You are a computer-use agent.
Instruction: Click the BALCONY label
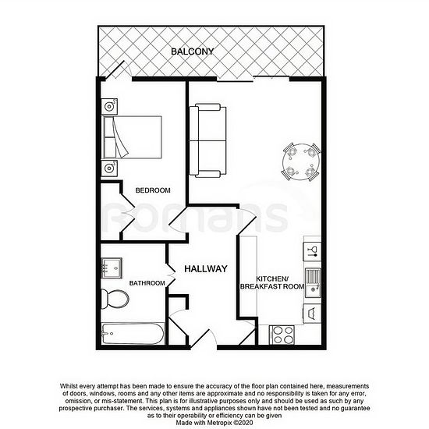(x=192, y=51)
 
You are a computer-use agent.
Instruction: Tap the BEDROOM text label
(x=153, y=190)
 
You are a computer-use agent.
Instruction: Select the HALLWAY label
(x=206, y=268)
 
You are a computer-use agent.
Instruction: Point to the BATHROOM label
(x=147, y=283)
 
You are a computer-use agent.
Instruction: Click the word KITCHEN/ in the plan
(x=272, y=278)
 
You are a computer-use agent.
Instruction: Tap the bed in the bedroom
(x=132, y=137)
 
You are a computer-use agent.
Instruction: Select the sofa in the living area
(x=208, y=140)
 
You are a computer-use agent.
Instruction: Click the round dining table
(x=301, y=162)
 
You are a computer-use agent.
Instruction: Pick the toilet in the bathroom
(x=115, y=299)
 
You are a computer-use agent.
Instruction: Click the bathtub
(x=133, y=334)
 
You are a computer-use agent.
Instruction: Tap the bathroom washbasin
(x=112, y=268)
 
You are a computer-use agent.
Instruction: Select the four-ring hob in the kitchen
(x=282, y=335)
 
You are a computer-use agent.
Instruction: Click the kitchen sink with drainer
(x=313, y=282)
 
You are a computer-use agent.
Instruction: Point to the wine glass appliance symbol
(x=312, y=251)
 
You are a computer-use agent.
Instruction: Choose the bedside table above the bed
(x=109, y=106)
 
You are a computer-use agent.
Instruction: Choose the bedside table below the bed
(x=109, y=168)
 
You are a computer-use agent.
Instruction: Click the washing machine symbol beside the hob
(x=312, y=314)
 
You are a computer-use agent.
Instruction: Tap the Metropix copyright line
(x=214, y=423)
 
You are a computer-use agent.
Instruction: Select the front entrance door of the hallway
(x=204, y=339)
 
